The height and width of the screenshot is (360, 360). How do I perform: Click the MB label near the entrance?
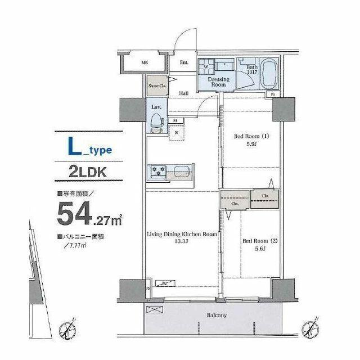[x=145, y=64]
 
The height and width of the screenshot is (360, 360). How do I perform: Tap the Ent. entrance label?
[x=184, y=63]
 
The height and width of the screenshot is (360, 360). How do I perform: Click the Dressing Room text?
[x=218, y=83]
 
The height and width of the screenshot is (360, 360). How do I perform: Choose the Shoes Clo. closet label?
[x=157, y=86]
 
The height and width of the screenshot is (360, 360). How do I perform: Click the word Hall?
[x=183, y=93]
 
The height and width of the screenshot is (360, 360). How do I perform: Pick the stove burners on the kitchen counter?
[x=156, y=172]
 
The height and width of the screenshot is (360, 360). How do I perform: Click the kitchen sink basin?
[x=182, y=172]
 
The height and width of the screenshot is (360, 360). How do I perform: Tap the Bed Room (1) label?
[x=251, y=136]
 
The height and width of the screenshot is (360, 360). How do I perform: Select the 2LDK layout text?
[x=87, y=172]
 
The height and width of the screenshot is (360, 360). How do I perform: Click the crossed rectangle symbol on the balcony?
[x=154, y=310]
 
